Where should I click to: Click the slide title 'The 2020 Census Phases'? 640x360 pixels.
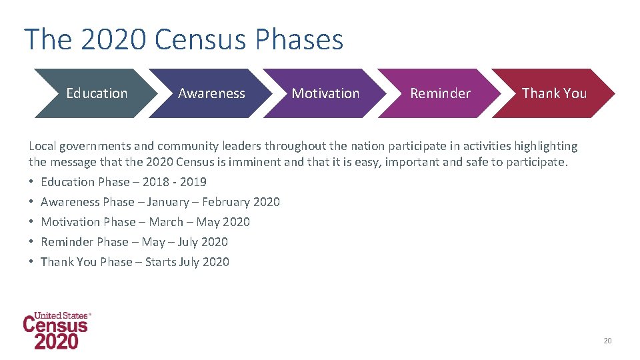[x=183, y=40]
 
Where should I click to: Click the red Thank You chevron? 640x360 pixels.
[x=554, y=93]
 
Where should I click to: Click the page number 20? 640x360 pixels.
[x=607, y=341]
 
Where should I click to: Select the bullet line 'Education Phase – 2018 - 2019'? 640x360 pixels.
[x=123, y=182]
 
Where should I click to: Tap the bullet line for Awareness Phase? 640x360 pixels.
[x=160, y=202]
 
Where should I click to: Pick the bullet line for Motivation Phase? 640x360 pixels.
[x=145, y=222]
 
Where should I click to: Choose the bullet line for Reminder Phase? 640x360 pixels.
[x=134, y=242]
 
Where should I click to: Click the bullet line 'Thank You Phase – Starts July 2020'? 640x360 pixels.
[x=135, y=262]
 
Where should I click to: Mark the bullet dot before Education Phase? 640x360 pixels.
[x=32, y=182]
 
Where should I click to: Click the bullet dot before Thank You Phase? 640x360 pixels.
[x=32, y=262]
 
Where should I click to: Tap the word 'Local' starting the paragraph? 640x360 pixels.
[x=42, y=146]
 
